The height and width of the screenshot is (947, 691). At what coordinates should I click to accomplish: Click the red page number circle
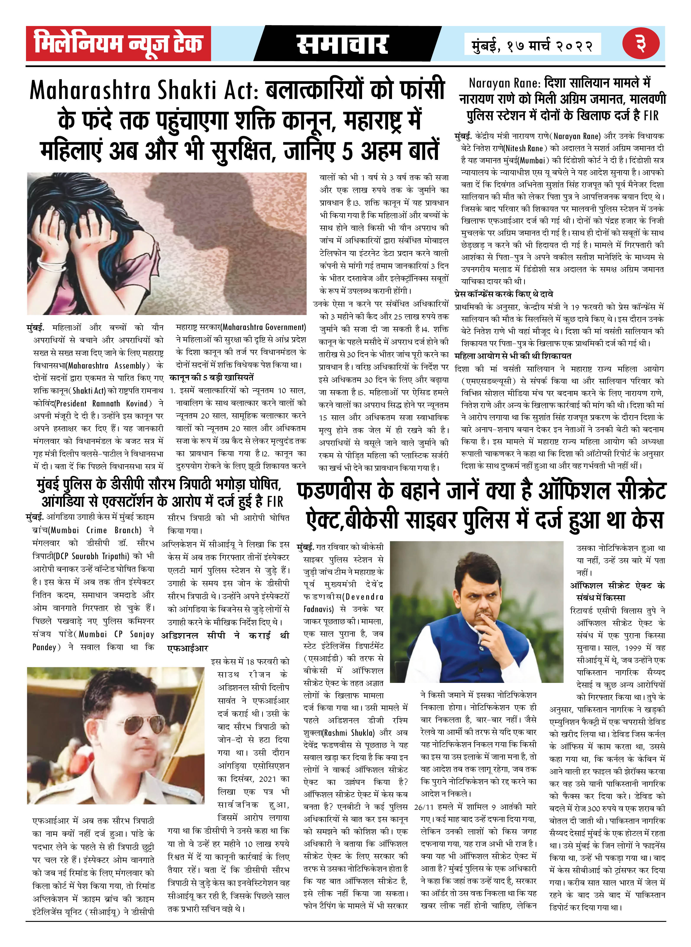(x=640, y=44)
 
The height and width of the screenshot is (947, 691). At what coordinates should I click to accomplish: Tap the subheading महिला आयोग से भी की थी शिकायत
(x=513, y=356)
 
